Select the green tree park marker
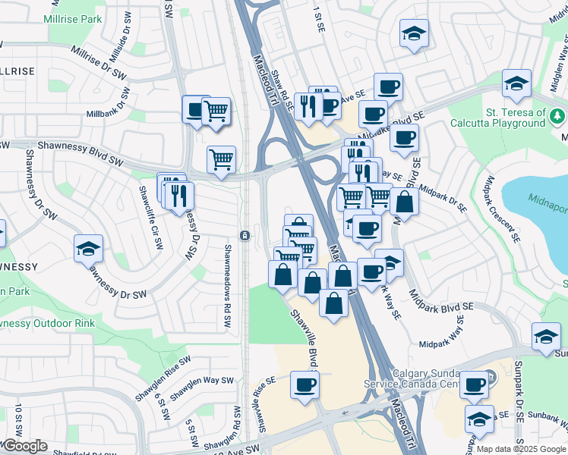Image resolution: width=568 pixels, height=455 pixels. (x=558, y=116)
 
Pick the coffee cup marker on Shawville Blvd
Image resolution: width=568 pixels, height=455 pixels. (x=305, y=385)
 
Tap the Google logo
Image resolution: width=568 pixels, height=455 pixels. (x=25, y=446)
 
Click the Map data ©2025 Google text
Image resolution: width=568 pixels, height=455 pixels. (x=521, y=449)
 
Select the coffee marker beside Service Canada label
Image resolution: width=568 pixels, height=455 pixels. (x=474, y=384)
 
